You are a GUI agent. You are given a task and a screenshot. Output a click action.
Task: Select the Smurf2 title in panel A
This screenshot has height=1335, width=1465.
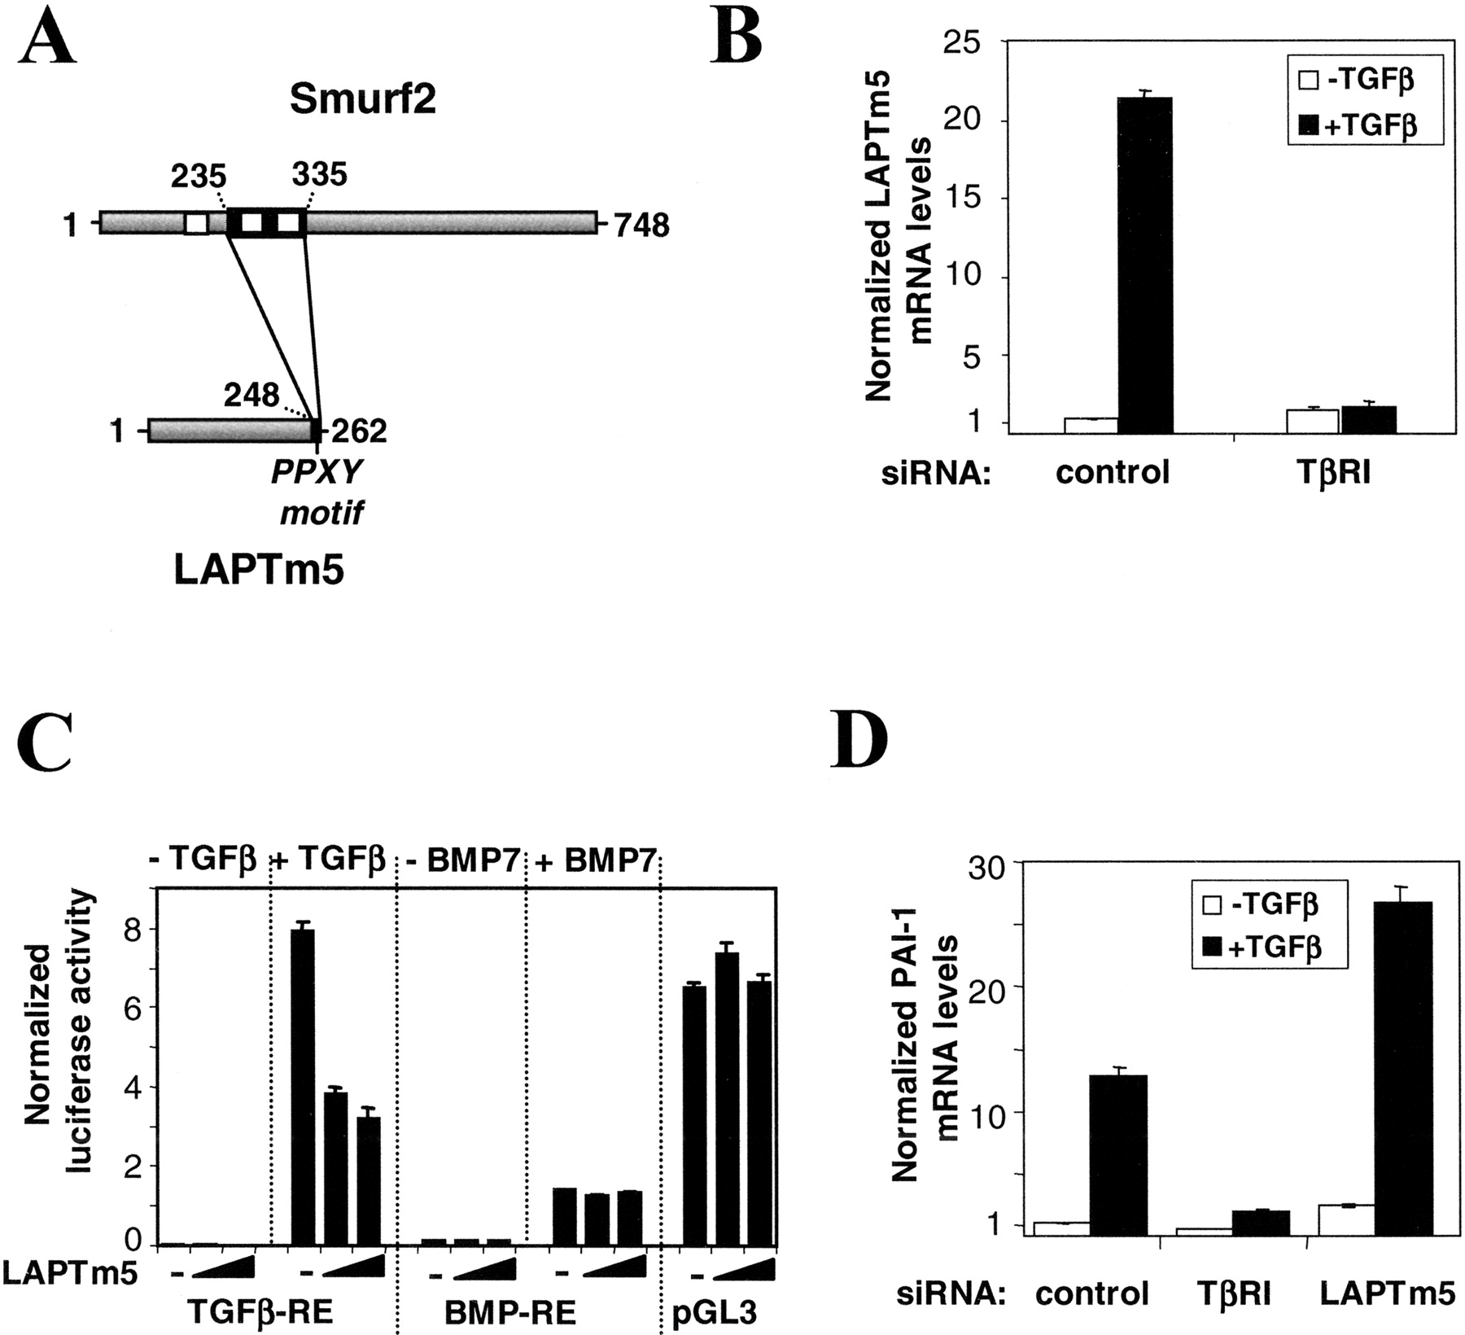coord(362,100)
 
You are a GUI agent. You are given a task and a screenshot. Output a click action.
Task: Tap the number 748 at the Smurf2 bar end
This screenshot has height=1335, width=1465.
coord(641,225)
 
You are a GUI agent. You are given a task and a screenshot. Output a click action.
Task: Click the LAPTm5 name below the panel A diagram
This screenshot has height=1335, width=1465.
coord(259,571)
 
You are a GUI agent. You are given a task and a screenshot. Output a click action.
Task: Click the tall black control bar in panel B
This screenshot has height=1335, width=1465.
coord(1144,265)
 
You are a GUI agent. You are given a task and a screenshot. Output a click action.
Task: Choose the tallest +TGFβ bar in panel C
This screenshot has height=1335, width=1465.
coord(303,1088)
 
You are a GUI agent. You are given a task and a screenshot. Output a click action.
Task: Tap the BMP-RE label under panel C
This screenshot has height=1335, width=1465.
coord(510,1313)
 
